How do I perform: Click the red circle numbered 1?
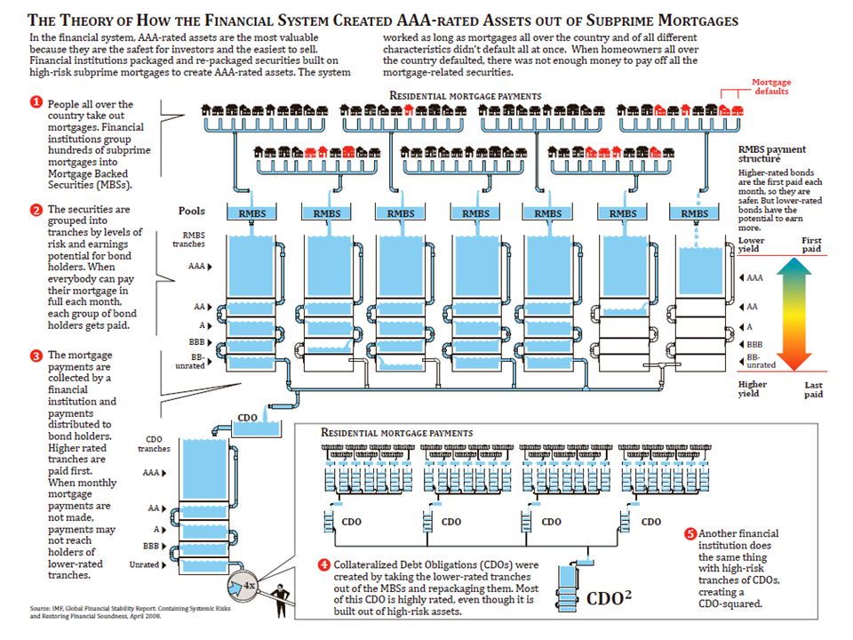(36, 102)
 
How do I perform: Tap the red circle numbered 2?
(36, 210)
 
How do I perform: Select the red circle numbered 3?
(36, 356)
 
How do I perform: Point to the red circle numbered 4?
(325, 564)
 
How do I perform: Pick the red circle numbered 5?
(690, 533)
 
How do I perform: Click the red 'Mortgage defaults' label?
(771, 87)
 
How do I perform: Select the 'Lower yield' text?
(752, 245)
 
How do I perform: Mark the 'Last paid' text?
(813, 392)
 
